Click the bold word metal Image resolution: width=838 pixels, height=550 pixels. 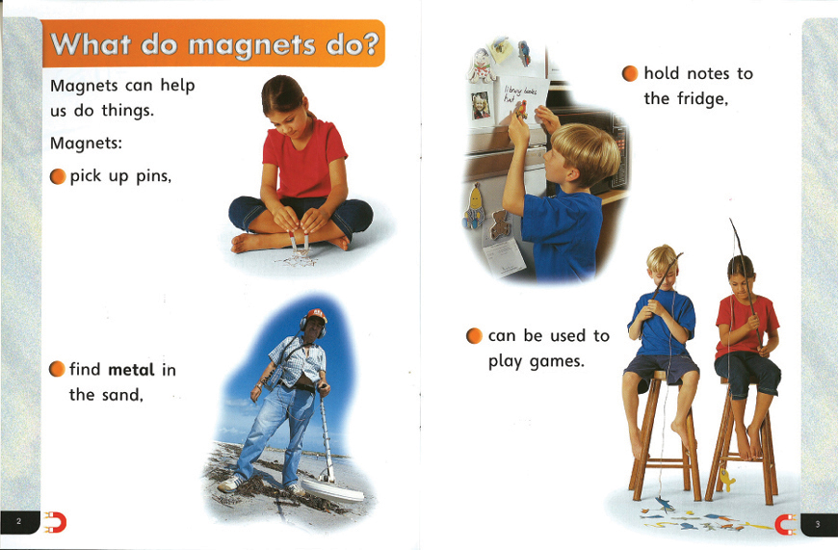[131, 369]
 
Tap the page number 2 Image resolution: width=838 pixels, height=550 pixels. [18, 522]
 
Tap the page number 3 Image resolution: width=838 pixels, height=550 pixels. [817, 524]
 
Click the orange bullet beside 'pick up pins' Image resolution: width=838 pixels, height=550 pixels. [58, 176]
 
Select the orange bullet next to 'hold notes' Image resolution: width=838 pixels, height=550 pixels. [630, 74]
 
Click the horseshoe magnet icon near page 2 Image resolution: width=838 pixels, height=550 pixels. [55, 522]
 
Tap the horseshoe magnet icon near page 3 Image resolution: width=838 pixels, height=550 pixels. [786, 524]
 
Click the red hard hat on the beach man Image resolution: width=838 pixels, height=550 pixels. [316, 315]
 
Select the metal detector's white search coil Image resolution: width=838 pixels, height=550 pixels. [334, 490]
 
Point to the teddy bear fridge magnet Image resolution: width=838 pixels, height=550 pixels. [500, 224]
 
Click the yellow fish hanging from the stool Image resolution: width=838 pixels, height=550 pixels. [727, 479]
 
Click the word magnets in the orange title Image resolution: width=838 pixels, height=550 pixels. [251, 45]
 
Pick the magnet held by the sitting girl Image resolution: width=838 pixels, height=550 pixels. [300, 242]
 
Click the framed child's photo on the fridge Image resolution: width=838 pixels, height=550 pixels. [481, 105]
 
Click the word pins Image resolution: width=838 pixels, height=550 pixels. [153, 176]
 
